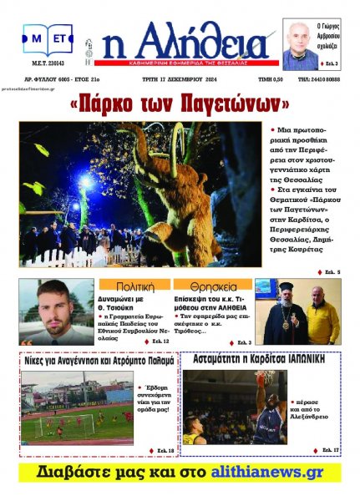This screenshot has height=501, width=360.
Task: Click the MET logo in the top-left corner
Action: [48, 39]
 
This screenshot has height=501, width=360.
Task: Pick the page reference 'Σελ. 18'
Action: [162, 451]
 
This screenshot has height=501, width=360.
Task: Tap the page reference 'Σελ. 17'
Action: [327, 451]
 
